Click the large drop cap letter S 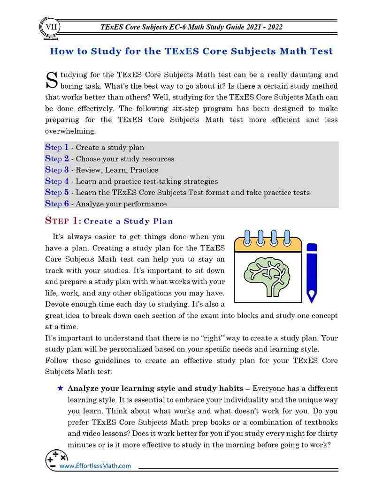coord(51,80)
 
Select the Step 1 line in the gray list coord(94,147)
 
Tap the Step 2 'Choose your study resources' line coord(109,158)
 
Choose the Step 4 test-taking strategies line coord(131,181)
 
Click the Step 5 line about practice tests coord(177,192)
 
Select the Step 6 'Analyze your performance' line coord(106,203)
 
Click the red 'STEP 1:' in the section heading coord(63,221)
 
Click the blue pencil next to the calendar coord(311,272)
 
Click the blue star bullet coord(60,389)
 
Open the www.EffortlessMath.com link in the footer coord(95,465)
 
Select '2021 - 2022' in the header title coord(264,27)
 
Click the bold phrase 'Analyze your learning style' coord(124,389)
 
